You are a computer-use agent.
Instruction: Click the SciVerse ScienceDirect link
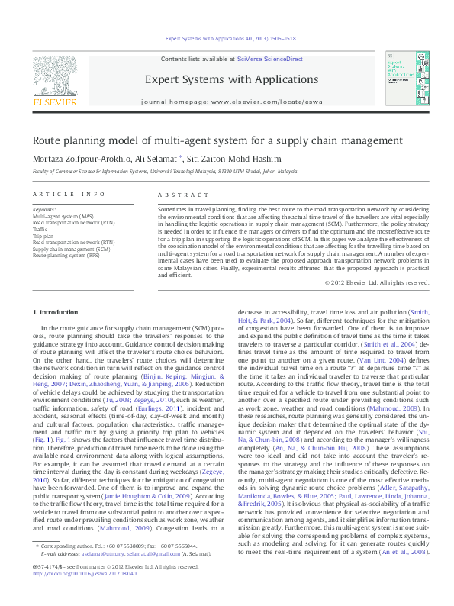269,59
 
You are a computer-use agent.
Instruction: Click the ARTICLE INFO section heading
68,195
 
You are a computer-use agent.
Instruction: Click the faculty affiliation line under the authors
164,173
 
